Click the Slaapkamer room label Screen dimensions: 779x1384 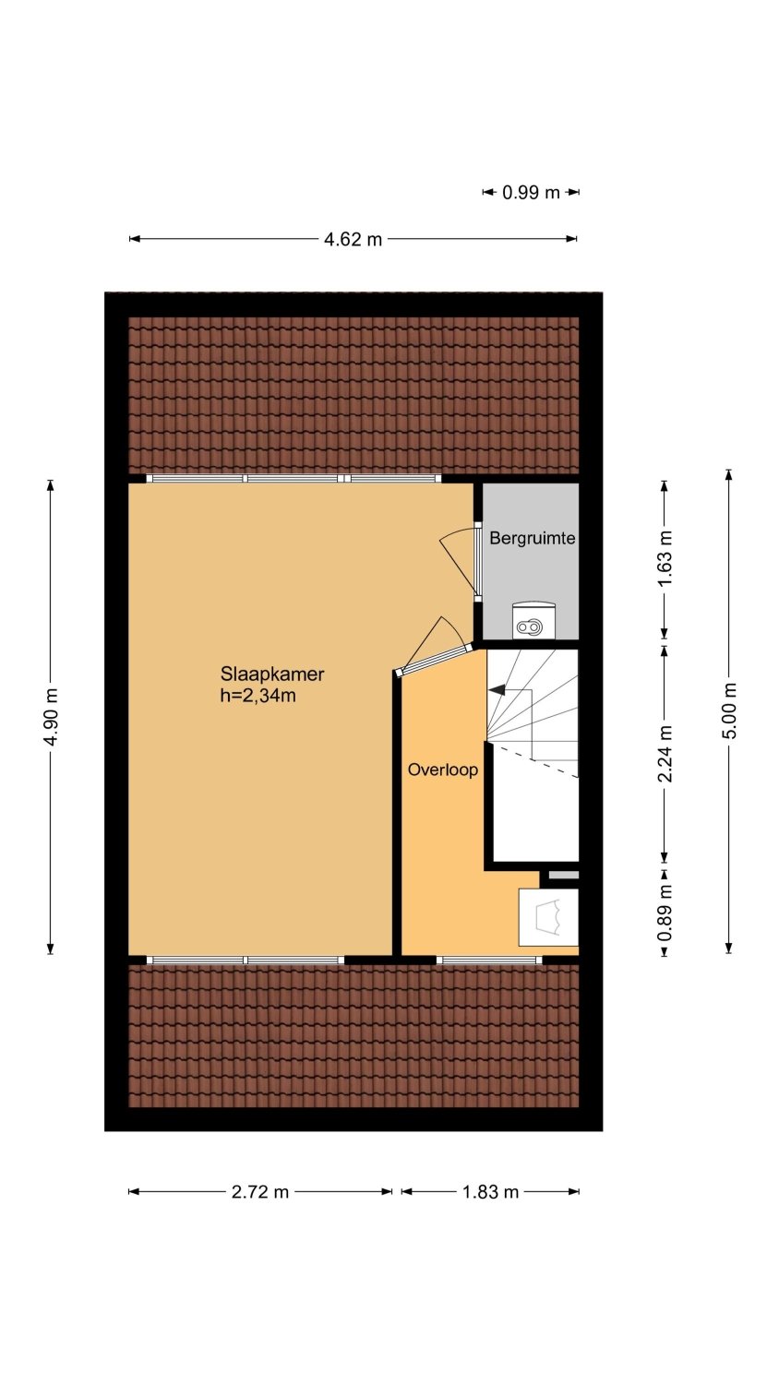point(272,674)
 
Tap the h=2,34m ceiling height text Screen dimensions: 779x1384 point(258,696)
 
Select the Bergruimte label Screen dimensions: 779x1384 point(533,538)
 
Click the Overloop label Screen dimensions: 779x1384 point(443,770)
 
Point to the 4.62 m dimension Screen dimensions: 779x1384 point(353,239)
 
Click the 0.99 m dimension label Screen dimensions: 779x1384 point(531,193)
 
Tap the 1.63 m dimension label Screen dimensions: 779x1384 point(665,560)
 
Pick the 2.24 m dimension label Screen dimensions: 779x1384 point(665,754)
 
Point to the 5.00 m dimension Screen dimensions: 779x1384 point(729,710)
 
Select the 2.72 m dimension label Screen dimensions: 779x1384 point(260,1192)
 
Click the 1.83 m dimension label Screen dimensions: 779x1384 point(490,1192)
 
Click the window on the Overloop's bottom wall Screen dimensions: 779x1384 point(489,960)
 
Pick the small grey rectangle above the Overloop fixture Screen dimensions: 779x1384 point(564,875)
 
